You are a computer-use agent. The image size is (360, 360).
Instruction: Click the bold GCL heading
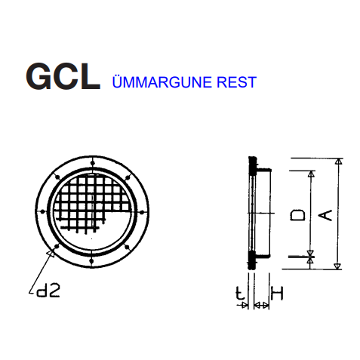pyautogui.click(x=63, y=76)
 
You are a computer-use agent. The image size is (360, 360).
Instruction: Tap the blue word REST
pyautogui.click(x=236, y=82)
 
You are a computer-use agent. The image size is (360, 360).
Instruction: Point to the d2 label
pyautogui.click(x=48, y=291)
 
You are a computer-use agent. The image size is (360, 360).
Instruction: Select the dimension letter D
pyautogui.click(x=297, y=215)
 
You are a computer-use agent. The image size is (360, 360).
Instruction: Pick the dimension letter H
pyautogui.click(x=277, y=293)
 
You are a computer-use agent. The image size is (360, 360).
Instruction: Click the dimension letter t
pyautogui.click(x=240, y=293)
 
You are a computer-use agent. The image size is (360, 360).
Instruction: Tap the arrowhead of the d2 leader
pyautogui.click(x=51, y=254)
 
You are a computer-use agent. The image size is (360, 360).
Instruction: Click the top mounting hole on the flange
pyautogui.click(x=93, y=163)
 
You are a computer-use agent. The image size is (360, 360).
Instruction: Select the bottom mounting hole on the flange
pyautogui.click(x=92, y=261)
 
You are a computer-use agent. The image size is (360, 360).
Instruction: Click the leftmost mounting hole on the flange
pyautogui.click(x=43, y=211)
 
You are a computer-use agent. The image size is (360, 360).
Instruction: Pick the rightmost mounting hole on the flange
pyautogui.click(x=142, y=213)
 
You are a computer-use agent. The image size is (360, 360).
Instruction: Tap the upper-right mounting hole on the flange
pyautogui.click(x=128, y=178)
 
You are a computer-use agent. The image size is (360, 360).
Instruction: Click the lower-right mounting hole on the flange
pyautogui.click(x=127, y=247)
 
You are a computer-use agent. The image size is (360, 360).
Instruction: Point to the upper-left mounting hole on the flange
pyautogui.click(x=58, y=177)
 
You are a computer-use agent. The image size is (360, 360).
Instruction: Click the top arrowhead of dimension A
pyautogui.click(x=340, y=162)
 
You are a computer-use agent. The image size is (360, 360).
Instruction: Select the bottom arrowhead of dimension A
pyautogui.click(x=337, y=266)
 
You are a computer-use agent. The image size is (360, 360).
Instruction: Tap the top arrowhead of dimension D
pyautogui.click(x=311, y=174)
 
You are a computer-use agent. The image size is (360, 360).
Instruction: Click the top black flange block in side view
pyautogui.click(x=252, y=166)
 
